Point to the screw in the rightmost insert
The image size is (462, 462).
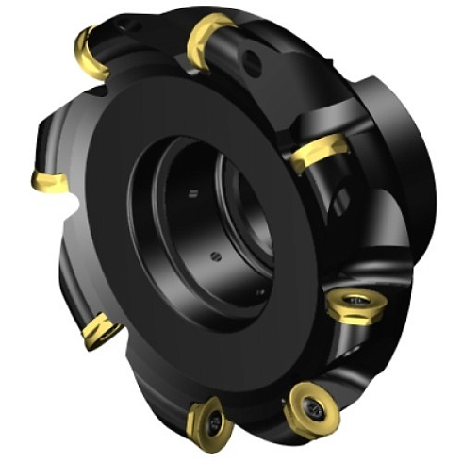click(x=359, y=302)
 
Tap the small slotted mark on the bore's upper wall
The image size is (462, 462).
click(x=192, y=193)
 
